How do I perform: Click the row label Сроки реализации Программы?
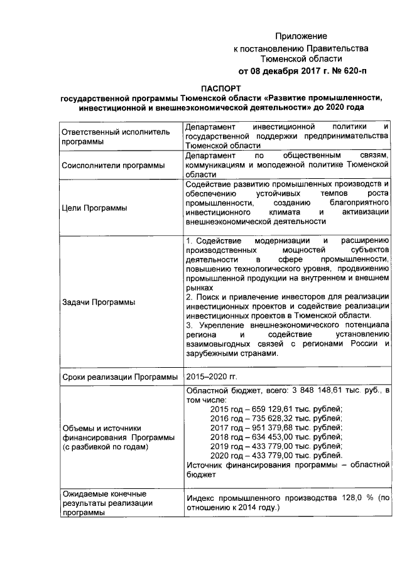point(119,377)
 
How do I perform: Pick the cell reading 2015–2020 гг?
point(212,377)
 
